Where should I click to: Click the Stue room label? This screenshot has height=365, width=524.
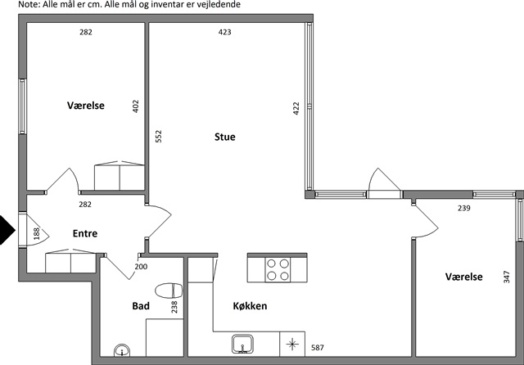point(225,137)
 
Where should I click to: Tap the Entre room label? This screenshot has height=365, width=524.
point(85,233)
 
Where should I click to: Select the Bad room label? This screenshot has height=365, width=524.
point(141,306)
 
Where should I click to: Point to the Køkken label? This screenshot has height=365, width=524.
point(250,306)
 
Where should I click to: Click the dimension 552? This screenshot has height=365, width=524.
point(159,136)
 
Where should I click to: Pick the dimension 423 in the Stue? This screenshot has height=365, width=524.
point(224,32)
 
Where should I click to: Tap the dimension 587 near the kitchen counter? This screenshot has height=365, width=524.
point(318,348)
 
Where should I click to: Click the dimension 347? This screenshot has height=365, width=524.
point(507,277)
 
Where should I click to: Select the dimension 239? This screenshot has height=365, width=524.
point(464,208)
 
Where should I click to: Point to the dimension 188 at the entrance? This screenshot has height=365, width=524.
point(36,233)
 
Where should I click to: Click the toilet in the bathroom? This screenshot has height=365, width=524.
point(169,291)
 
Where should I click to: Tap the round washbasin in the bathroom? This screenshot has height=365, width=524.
point(122,351)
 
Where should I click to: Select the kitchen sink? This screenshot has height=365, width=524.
point(243,345)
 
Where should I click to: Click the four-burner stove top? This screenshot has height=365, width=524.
point(278,270)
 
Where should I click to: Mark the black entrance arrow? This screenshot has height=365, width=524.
point(7,230)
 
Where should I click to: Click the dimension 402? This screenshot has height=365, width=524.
point(135,106)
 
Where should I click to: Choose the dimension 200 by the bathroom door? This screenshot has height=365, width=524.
point(141,267)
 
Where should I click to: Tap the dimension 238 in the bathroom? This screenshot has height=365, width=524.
point(174,307)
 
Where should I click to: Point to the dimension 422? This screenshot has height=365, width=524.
point(296,109)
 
